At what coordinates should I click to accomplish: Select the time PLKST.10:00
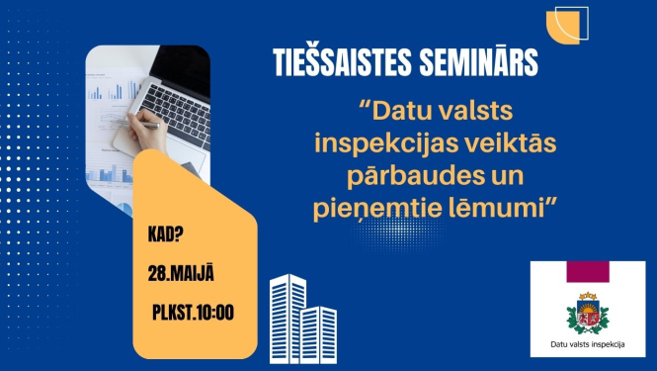coord(194,313)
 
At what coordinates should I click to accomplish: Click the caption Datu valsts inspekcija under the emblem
coord(587,347)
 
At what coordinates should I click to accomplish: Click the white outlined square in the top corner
coord(573,22)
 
